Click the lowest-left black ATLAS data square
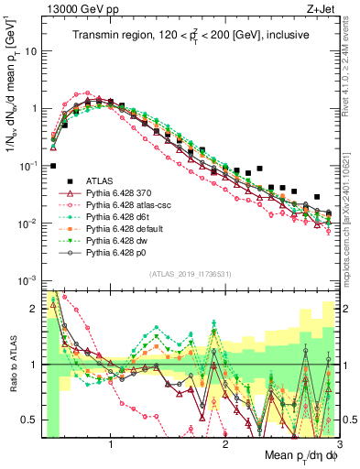coord(54,167)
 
